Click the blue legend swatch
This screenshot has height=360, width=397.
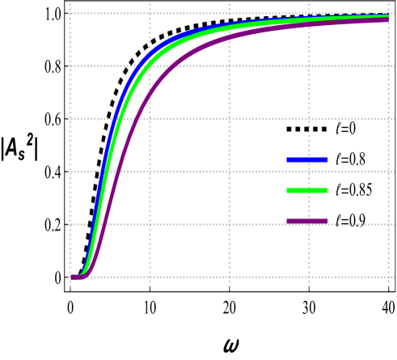[306, 160]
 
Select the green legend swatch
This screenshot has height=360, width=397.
[306, 191]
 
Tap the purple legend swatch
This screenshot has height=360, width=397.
[306, 221]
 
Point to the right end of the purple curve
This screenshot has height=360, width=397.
[387, 19]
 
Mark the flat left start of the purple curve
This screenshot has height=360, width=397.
[75, 277]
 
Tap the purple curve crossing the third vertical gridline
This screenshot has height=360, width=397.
[229, 37]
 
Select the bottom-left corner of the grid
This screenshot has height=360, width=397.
[71, 277]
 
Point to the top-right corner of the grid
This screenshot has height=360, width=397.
[389, 14]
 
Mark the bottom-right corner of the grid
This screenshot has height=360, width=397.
[389, 277]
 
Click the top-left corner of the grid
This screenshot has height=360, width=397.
[71, 14]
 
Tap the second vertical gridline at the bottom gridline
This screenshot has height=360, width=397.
[150, 277]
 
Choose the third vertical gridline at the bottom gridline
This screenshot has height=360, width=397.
[229, 277]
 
